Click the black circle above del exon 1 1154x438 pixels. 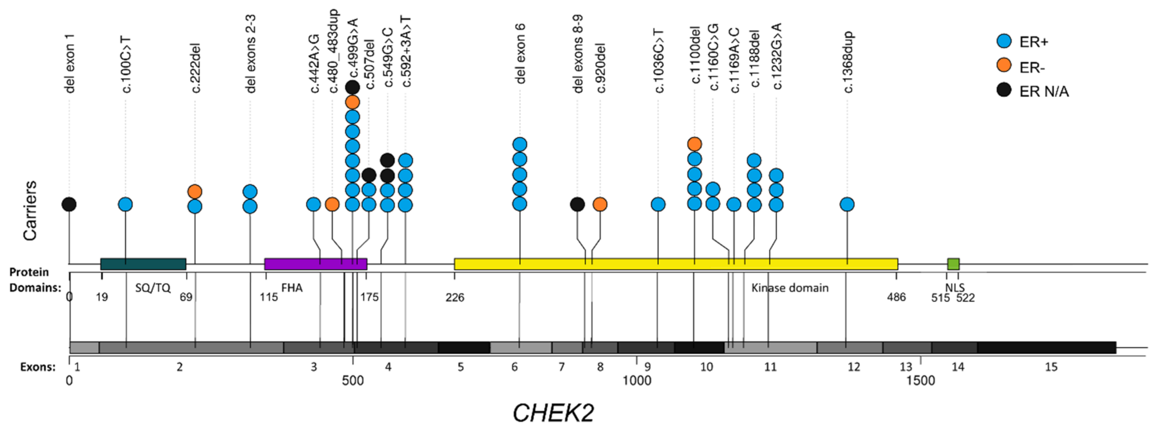[69, 204]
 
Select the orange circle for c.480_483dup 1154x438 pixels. [332, 204]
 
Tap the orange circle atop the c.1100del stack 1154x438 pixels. [694, 144]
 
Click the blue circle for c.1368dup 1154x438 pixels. [847, 204]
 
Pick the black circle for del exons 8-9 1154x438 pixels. [577, 204]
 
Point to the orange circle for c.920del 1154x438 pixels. [600, 204]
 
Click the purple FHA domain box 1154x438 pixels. [316, 264]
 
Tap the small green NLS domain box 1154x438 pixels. [953, 264]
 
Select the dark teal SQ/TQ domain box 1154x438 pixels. [143, 264]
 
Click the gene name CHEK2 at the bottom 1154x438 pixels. [553, 413]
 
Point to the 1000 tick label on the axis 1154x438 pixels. [637, 381]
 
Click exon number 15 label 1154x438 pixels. [1051, 367]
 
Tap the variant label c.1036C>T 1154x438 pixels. [659, 61]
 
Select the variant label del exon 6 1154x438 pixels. [520, 54]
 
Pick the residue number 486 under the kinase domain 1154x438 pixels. [896, 297]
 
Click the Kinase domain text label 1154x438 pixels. [790, 288]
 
